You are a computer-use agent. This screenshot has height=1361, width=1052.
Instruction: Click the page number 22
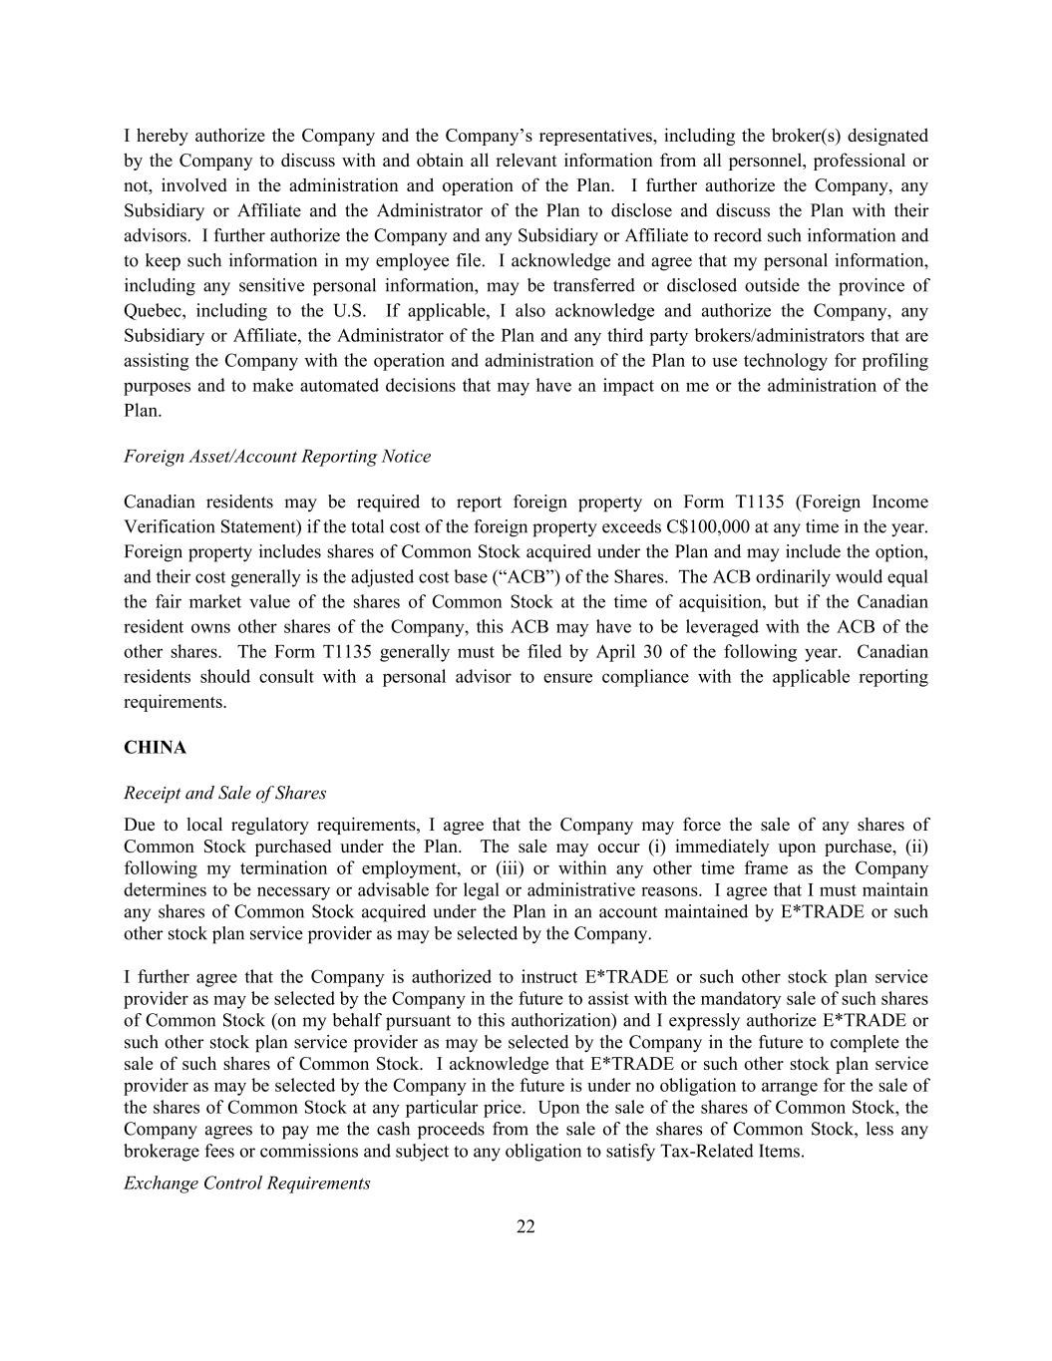[x=526, y=1226]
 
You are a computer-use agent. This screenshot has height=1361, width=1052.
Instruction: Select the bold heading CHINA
[x=155, y=747]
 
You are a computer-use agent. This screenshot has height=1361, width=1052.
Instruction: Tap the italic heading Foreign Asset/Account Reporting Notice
[x=277, y=456]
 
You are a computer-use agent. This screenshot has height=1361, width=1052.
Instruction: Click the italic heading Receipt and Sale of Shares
[x=224, y=793]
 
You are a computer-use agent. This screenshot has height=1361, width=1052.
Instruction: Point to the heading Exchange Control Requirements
[x=246, y=1183]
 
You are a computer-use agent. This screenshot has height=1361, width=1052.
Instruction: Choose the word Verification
[x=171, y=526]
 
